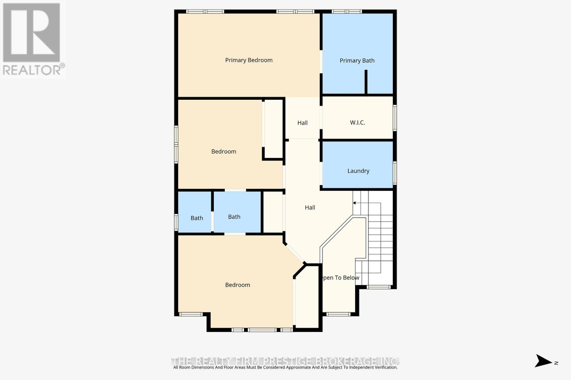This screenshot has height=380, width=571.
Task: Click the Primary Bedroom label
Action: (249, 60)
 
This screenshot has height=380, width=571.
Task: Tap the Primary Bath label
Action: (357, 61)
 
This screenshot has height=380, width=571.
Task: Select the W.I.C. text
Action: (357, 123)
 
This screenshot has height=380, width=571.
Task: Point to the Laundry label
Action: (358, 171)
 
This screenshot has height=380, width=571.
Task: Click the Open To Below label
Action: (341, 278)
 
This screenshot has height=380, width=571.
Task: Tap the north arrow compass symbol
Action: (544, 361)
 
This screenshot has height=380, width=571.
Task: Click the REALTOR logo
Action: (33, 39)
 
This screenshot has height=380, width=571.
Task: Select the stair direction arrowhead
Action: (354, 203)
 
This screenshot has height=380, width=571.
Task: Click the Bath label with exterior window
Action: (197, 218)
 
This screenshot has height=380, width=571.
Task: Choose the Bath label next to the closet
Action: (234, 217)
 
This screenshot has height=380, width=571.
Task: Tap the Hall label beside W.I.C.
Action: (302, 123)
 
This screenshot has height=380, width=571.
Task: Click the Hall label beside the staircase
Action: (310, 208)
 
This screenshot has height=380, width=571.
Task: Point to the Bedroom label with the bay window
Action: (237, 285)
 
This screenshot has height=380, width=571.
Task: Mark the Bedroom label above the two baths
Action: (224, 152)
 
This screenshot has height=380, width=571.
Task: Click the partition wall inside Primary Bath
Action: (366, 82)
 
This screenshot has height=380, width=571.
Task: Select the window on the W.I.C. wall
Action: (395, 118)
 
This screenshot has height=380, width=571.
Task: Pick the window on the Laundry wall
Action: (395, 173)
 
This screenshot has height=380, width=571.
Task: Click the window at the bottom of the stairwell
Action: (379, 287)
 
